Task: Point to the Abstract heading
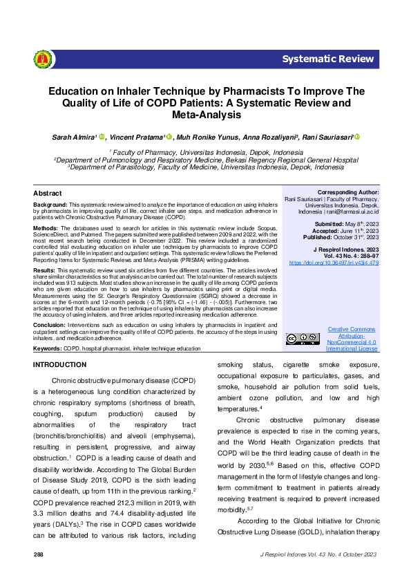(48, 194)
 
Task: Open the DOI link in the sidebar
(343, 263)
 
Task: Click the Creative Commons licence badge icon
(303, 339)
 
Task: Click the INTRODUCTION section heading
(60, 364)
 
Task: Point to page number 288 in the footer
(39, 555)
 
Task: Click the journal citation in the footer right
(318, 555)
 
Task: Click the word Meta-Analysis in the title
(205, 113)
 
